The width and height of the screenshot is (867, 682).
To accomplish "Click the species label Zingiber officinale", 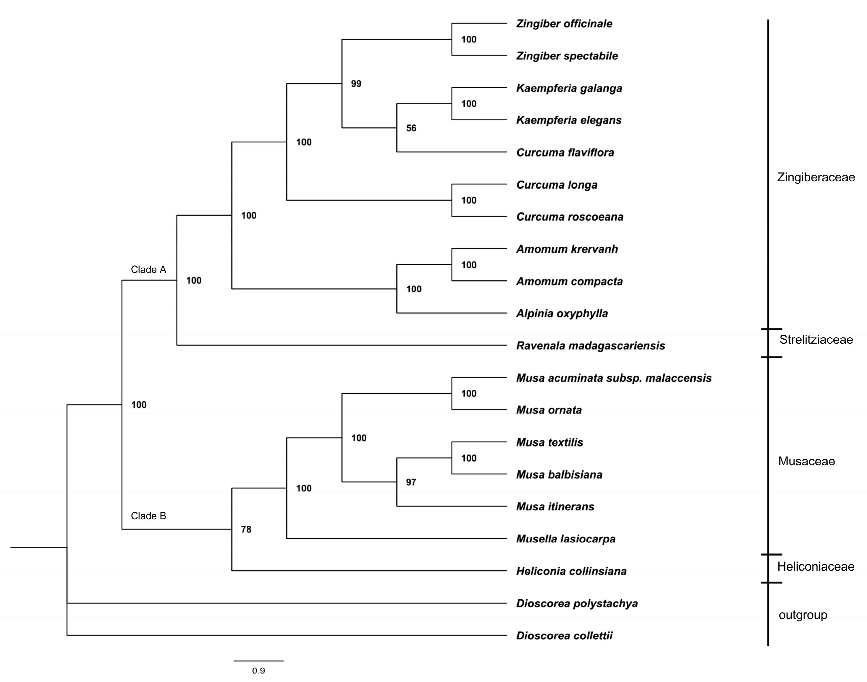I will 564,24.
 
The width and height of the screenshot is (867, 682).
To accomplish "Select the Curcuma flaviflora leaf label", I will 565,152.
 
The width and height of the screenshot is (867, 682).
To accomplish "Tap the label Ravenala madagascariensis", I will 591,346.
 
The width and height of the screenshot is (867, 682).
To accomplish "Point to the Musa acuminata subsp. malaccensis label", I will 614,378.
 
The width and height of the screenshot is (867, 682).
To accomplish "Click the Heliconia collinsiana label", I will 571,571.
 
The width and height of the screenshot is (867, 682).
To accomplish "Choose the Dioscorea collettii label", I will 564,636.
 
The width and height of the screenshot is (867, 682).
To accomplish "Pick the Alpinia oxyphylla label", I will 562,313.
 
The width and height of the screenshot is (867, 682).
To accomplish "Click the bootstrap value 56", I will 411,128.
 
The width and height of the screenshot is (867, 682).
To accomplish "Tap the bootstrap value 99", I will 356,84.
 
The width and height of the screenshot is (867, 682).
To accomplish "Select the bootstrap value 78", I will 246,530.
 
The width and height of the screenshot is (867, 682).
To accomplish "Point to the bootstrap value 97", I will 411,482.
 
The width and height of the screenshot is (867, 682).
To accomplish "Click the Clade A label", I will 148,270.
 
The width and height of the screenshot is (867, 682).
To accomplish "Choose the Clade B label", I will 148,516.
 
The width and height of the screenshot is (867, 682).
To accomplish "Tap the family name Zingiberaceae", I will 816,177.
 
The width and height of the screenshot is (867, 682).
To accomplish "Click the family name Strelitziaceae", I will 816,340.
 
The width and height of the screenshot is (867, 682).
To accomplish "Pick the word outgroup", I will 803,615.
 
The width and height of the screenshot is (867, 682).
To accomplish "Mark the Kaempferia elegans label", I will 569,120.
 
